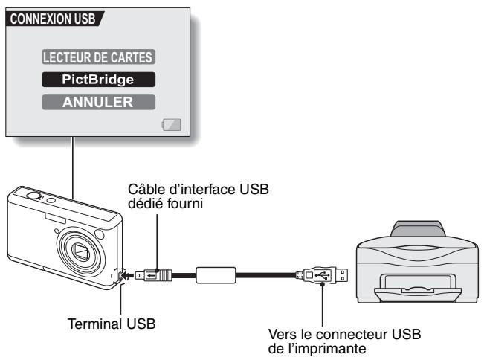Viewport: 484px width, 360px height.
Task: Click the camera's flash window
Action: [x=57, y=216]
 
